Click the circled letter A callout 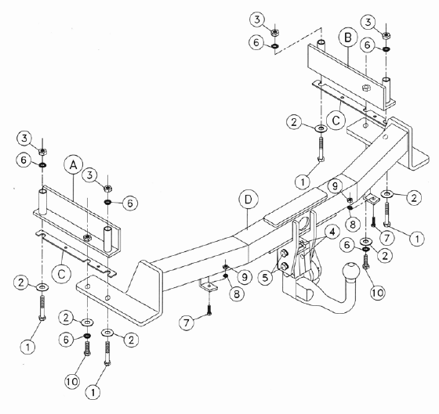(x=74, y=165)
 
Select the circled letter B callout (x=348, y=38)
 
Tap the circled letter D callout (x=249, y=200)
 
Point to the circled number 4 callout (x=332, y=232)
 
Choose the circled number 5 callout (x=265, y=277)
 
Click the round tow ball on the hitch (x=350, y=272)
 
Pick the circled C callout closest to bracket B (x=336, y=121)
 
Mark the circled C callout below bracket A (x=61, y=274)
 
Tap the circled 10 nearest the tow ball (x=378, y=293)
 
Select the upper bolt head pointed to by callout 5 (x=283, y=253)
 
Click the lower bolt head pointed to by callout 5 (x=284, y=266)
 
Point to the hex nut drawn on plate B (x=366, y=88)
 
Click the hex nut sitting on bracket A (x=87, y=238)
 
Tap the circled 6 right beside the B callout (x=367, y=45)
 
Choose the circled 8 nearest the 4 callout (x=353, y=224)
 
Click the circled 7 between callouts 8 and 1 (x=387, y=238)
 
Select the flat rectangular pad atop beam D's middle (x=296, y=206)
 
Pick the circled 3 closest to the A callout (x=89, y=175)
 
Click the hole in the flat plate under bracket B (x=365, y=125)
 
